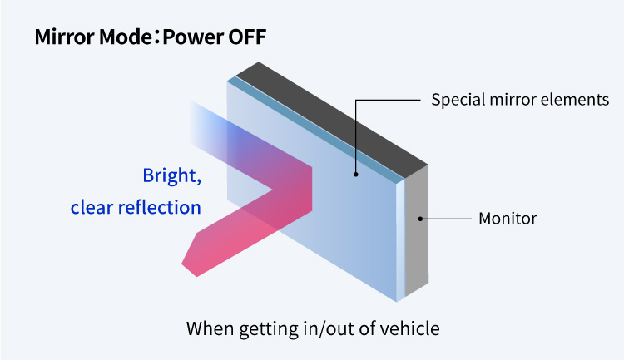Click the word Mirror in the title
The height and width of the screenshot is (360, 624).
pos(65,37)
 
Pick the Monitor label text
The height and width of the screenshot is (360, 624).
pos(508,219)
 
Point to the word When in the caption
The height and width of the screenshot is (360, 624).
pos(210,329)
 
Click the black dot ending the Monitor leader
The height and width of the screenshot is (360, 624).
pos(420,219)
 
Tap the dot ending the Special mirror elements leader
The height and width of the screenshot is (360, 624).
pos(356,175)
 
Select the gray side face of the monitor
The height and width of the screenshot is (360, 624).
pos(417,231)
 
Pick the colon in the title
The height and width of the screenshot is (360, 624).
pos(157,37)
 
